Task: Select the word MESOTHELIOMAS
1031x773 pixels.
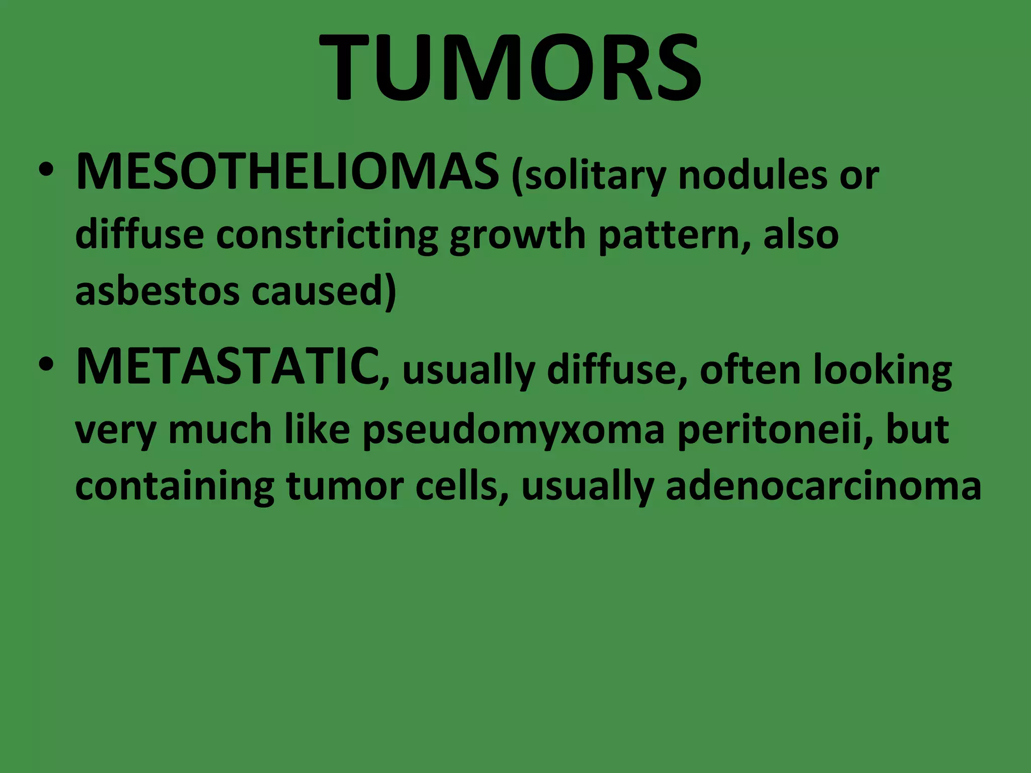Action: (x=287, y=173)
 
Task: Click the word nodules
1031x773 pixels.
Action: (x=753, y=176)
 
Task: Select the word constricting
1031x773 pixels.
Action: (x=327, y=236)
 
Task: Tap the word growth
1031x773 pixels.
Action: (x=518, y=236)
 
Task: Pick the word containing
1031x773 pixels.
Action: (x=175, y=487)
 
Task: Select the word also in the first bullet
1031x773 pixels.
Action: (x=800, y=235)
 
